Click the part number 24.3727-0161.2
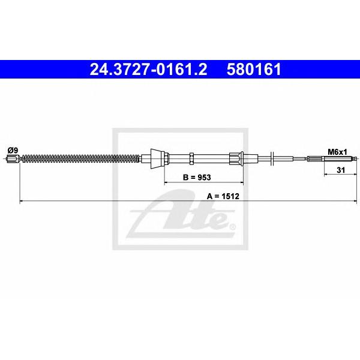point(148,70)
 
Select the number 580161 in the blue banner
point(254,70)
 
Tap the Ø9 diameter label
point(13,151)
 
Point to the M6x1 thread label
point(337,152)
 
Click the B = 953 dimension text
point(197,177)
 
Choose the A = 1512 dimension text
point(223,196)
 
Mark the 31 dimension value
point(341,170)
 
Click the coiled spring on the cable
point(80,158)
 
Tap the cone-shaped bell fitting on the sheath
point(157,158)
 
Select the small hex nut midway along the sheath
point(192,158)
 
